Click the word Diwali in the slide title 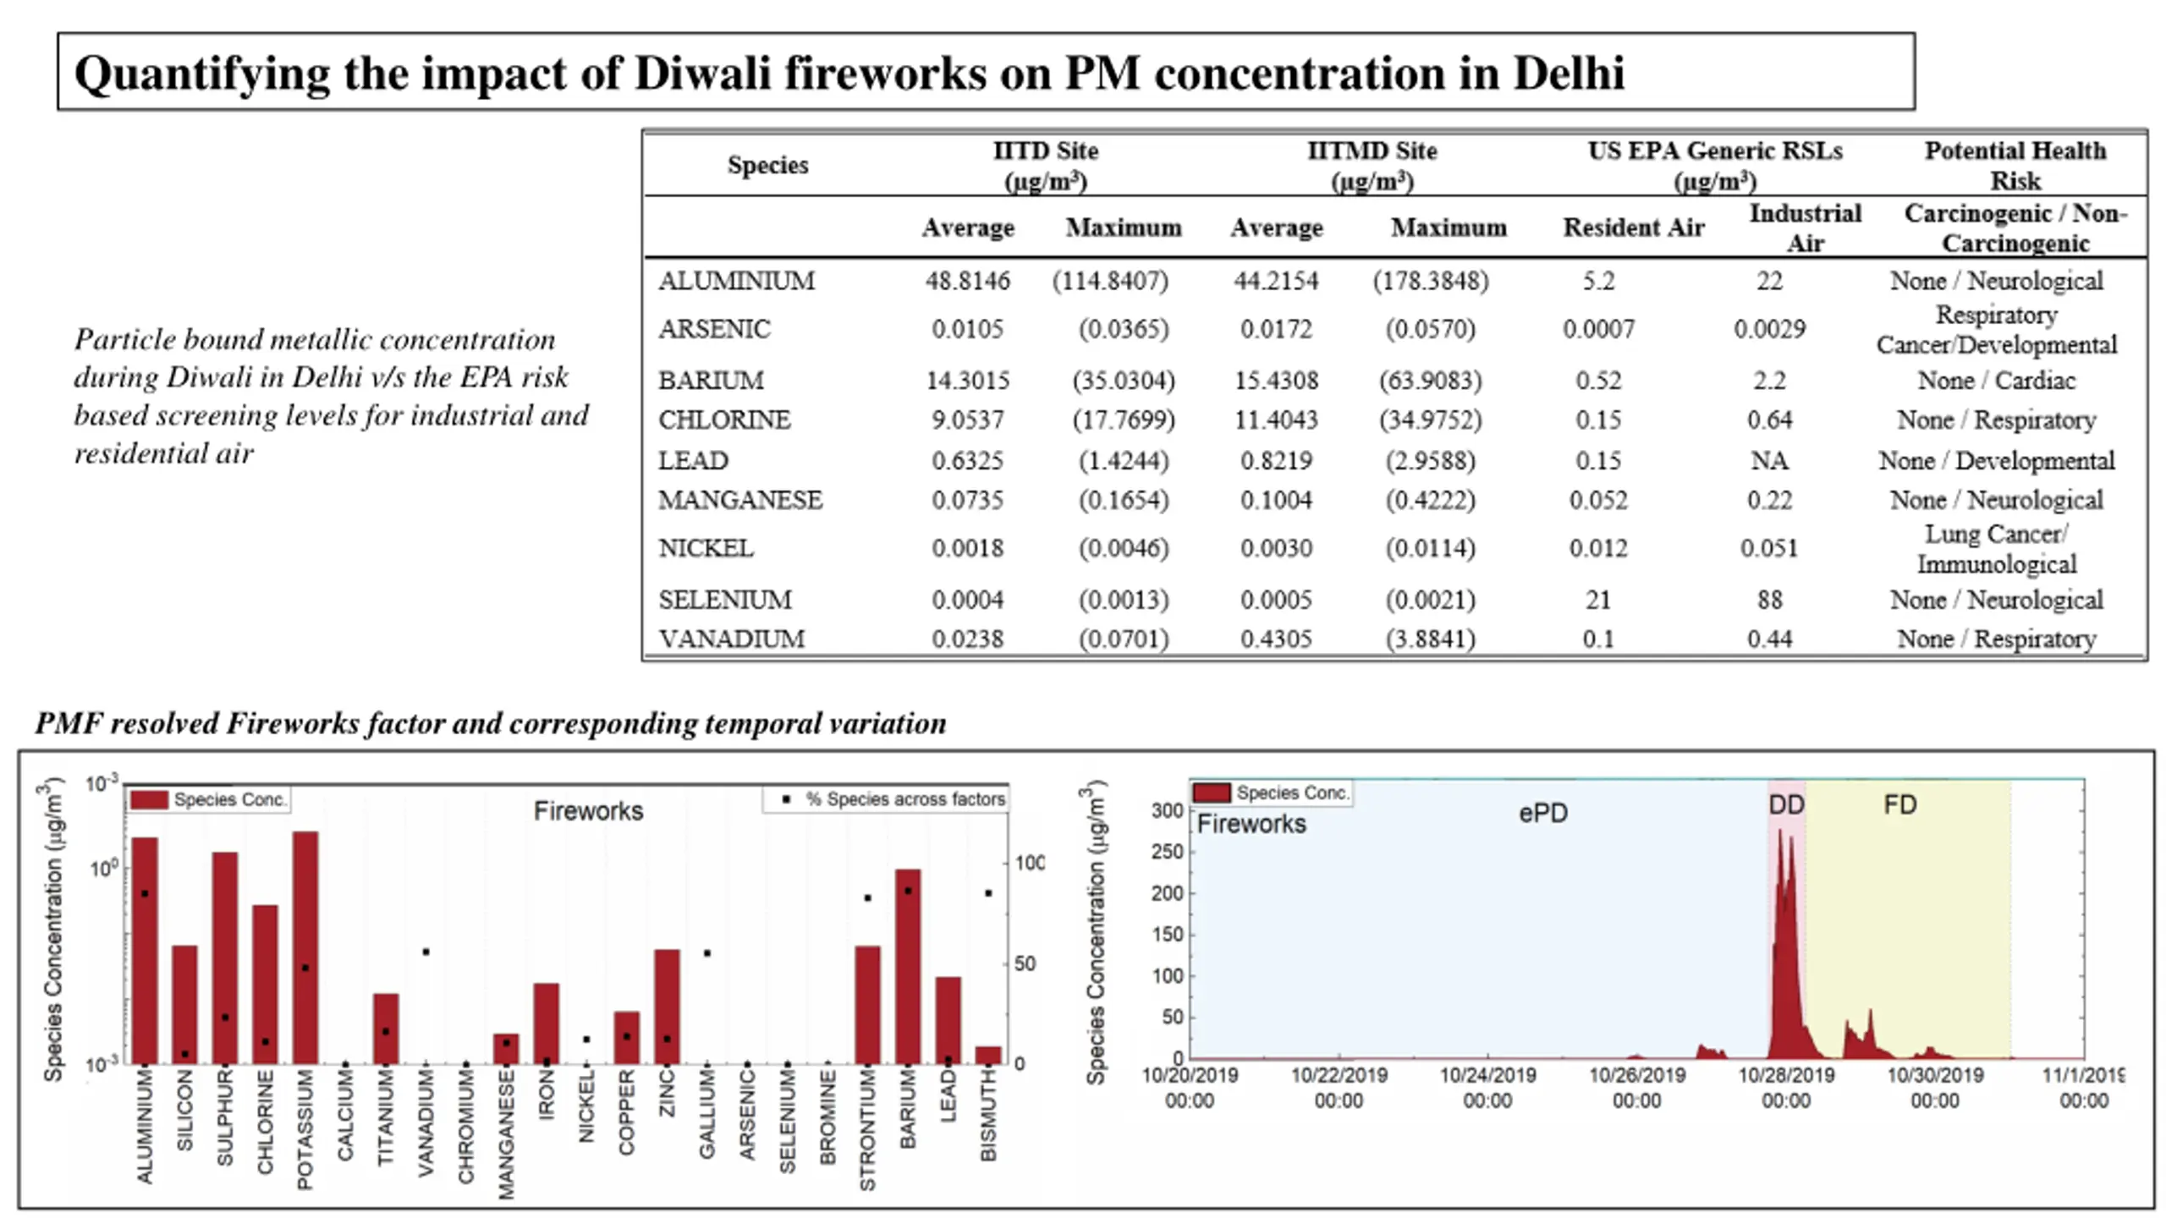(x=702, y=73)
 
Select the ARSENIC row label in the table (x=714, y=329)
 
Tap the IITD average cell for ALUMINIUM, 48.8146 (x=967, y=281)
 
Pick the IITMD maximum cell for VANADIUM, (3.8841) (x=1430, y=639)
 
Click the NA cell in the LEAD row (x=1769, y=460)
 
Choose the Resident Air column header (x=1633, y=228)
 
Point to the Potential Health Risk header (x=2015, y=165)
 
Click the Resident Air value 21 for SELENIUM (x=1598, y=600)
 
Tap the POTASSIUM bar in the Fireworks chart (x=305, y=947)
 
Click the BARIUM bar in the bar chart (x=908, y=966)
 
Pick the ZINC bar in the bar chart (x=667, y=1007)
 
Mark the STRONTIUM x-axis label (x=867, y=1130)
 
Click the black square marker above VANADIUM (x=426, y=952)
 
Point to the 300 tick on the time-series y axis (x=1168, y=810)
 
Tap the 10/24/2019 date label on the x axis (x=1487, y=1088)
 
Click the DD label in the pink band (x=1786, y=804)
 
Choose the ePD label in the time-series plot (x=1543, y=813)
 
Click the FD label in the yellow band (x=1900, y=804)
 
